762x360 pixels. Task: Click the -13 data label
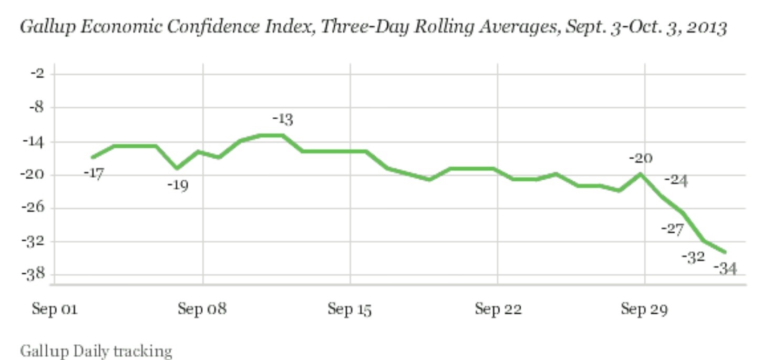pos(282,120)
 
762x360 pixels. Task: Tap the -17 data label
pos(94,173)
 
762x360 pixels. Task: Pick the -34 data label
pos(726,269)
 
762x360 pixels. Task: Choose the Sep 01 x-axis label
pos(55,310)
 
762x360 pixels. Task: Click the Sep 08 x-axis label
pos(202,310)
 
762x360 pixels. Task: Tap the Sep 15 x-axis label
pos(349,310)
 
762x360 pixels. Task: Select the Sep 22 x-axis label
pos(498,310)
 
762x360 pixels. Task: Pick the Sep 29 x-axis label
pos(644,310)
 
